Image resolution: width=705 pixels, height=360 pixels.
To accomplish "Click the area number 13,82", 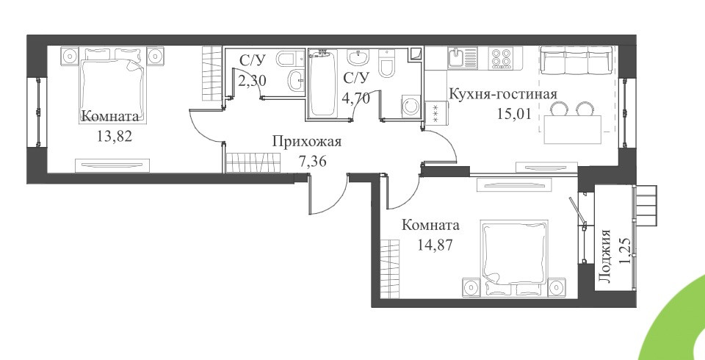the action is coord(115,135).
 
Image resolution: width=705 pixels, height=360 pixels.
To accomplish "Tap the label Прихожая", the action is coord(307,143).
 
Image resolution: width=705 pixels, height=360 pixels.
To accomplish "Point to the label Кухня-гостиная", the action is coord(503,95).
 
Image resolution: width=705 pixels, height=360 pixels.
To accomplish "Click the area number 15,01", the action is coord(514,113).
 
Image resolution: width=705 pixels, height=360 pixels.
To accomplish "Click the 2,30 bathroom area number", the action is coord(253,81).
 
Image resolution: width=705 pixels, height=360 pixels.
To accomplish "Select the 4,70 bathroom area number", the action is coord(357,98).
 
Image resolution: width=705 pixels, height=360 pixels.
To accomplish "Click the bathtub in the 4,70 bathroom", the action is coord(322,83).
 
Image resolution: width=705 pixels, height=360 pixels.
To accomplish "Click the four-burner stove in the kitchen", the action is coord(502,58).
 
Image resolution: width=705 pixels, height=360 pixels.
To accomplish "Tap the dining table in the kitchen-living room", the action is coord(572,129).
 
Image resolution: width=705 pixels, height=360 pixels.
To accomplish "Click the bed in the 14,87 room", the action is coord(514,257).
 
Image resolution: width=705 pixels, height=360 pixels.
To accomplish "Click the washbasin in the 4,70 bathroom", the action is coord(358,58).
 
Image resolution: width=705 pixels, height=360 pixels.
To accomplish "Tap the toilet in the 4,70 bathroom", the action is coord(387,64).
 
